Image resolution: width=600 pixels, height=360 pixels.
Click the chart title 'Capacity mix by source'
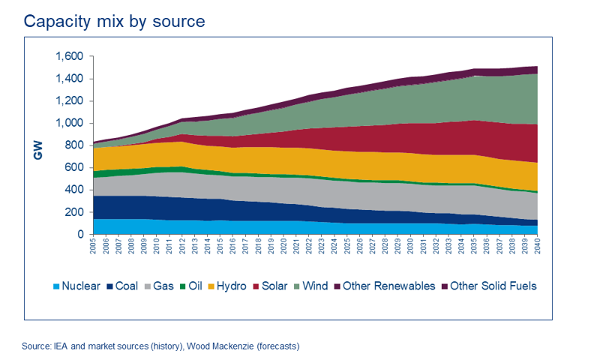(x=114, y=21)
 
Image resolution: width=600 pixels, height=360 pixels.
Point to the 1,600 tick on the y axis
(x=69, y=56)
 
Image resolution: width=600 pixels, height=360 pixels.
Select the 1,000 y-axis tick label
(x=69, y=123)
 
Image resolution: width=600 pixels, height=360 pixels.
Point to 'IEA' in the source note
(x=61, y=346)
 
